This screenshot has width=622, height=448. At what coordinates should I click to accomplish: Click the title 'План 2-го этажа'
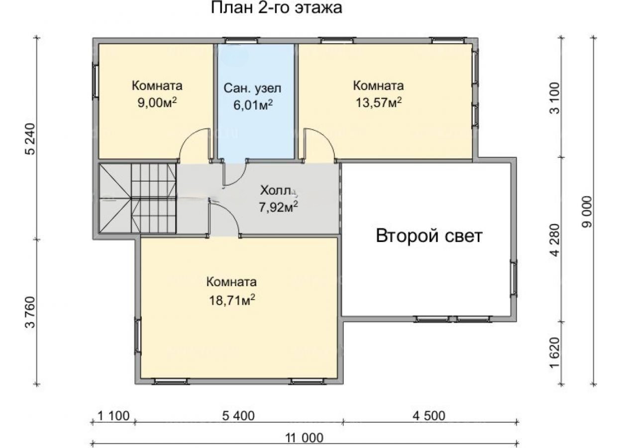click(x=276, y=7)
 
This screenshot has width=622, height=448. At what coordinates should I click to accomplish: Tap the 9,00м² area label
click(x=157, y=103)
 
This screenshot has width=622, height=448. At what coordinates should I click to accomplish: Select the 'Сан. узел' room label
click(x=252, y=88)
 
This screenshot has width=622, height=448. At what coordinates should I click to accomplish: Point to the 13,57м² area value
click(x=379, y=103)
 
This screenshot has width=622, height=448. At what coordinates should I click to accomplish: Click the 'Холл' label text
click(x=276, y=191)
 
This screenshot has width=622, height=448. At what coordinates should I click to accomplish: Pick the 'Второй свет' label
click(x=429, y=236)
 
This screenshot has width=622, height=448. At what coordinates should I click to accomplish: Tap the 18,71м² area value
click(x=232, y=300)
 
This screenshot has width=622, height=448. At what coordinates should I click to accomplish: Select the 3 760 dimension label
click(x=30, y=312)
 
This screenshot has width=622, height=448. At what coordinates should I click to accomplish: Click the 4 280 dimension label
click(x=555, y=240)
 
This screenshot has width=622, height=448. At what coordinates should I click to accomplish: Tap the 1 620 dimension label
click(x=555, y=352)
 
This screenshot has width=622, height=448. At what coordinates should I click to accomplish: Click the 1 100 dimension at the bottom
click(x=113, y=416)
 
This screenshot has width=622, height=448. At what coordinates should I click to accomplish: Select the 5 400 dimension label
click(x=238, y=416)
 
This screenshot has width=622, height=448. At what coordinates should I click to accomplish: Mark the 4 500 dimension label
click(x=429, y=416)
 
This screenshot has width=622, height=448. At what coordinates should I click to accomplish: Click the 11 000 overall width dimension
click(x=305, y=438)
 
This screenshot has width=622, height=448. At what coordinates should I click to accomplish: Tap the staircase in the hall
click(x=137, y=198)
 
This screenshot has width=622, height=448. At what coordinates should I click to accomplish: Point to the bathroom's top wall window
click(x=241, y=40)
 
